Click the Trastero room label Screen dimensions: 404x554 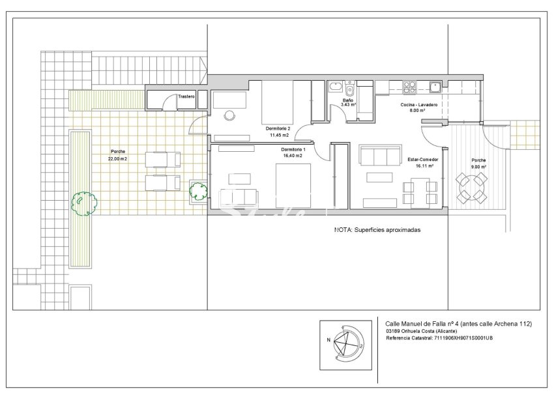[186, 96]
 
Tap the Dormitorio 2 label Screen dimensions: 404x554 [278, 128]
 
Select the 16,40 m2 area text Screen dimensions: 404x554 [293, 156]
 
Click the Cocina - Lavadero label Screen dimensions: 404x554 [418, 104]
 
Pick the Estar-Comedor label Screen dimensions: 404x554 [422, 159]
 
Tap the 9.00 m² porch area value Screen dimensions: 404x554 [479, 166]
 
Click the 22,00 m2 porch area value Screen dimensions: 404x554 [118, 158]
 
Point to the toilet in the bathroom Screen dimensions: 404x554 [350, 91]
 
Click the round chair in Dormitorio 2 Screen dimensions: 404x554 [229, 115]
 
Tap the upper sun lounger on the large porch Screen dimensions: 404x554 [162, 159]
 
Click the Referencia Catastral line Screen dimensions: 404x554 [439, 338]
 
